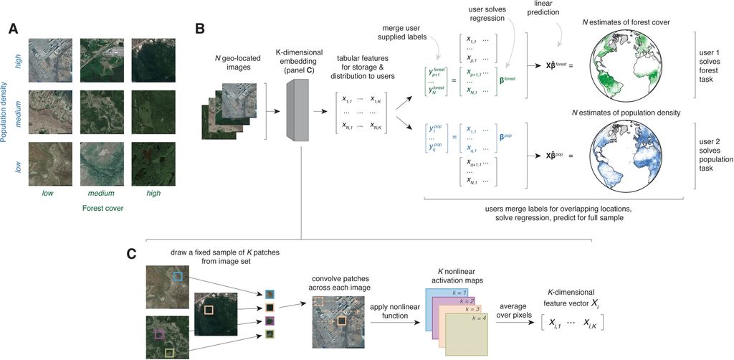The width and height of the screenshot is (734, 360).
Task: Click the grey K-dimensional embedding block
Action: (x=297, y=112)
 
